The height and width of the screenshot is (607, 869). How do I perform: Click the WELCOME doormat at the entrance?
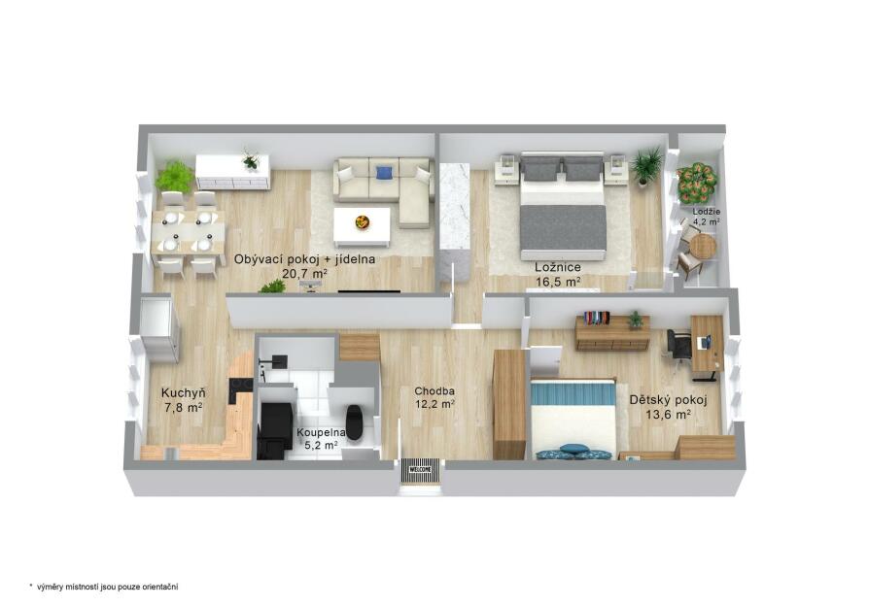pos(421,470)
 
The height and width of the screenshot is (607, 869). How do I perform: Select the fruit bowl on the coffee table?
pos(363,221)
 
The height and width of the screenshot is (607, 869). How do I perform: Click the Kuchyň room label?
pos(184,393)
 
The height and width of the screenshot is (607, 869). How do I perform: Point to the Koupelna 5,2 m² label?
pos(321,439)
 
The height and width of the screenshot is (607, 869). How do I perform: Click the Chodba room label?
pos(434,391)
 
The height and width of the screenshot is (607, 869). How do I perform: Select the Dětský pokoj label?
pos(668,400)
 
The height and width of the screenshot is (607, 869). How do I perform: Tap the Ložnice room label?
pos(558,267)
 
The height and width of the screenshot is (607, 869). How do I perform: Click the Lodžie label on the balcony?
pos(706,212)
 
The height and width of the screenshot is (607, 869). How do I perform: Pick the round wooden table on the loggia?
pos(703,246)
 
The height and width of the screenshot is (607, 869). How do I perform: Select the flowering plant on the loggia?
pos(696,183)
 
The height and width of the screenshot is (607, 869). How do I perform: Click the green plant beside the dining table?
pos(175,176)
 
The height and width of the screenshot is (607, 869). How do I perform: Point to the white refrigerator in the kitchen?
pos(159,330)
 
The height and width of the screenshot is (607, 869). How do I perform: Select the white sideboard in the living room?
pos(232,172)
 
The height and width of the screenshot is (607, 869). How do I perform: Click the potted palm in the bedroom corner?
pos(645,165)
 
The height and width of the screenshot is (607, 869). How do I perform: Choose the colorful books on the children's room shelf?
pos(596,318)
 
